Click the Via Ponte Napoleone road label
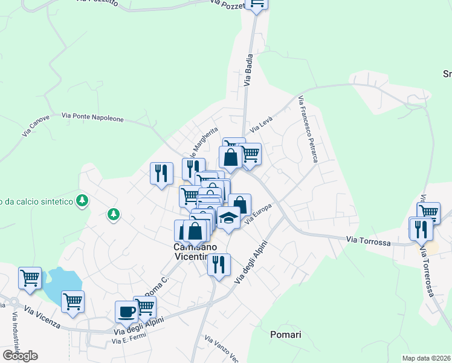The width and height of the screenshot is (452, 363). coord(92,117)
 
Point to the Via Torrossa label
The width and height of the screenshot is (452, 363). coord(368,241)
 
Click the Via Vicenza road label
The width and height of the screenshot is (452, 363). coord(42,316)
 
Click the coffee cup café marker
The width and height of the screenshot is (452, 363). coord(126,312)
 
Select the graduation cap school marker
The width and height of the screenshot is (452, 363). coord(228,217)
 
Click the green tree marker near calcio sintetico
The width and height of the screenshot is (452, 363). coord(82,200)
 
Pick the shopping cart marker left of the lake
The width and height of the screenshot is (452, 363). coord(30,278)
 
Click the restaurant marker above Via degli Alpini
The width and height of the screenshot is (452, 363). coord(219,264)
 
